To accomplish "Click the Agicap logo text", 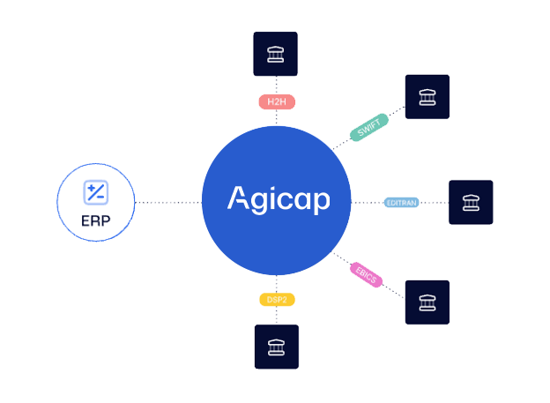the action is point(279,199).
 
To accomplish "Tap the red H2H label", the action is point(277,101).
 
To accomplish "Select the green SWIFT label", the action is point(369,128).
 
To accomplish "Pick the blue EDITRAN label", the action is point(402,203).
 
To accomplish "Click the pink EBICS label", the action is point(366,275).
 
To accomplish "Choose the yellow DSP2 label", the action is point(277,300).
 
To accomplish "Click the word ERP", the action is point(96,221).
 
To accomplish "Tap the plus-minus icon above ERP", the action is point(96,192).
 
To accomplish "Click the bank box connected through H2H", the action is point(275,54).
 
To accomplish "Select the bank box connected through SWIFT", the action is point(427,96).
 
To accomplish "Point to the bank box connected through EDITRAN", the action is point(471,202).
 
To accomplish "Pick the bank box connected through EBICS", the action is point(427,302).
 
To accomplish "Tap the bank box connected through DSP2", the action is point(277,347).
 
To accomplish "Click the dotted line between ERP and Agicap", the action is point(168,203).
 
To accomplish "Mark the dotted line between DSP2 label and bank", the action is point(277,315).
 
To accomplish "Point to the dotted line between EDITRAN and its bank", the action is point(434,203).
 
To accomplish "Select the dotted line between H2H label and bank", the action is point(277,86).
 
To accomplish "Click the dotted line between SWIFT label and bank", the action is point(397,111).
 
